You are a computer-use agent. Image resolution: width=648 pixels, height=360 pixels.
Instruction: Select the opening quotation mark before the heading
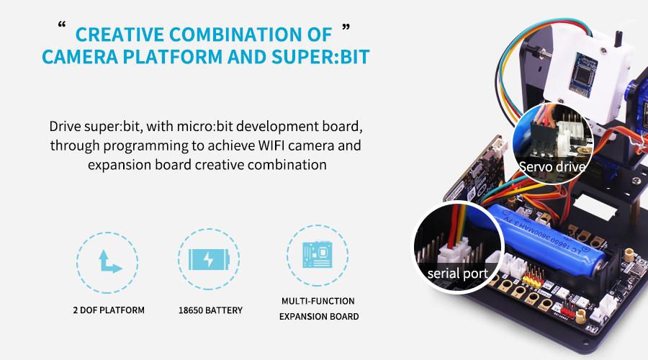pyautogui.click(x=60, y=28)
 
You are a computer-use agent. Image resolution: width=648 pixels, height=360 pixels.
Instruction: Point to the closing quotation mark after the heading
pyautogui.click(x=347, y=28)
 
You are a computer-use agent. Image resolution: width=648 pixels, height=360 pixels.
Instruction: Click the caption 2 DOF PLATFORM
pyautogui.click(x=109, y=310)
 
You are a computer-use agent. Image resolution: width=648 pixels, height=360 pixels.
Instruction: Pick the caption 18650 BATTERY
pyautogui.click(x=210, y=310)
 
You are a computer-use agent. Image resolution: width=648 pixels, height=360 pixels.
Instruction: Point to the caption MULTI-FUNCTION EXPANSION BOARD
pyautogui.click(x=318, y=308)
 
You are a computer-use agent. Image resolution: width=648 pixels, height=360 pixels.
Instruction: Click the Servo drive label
pyautogui.click(x=552, y=167)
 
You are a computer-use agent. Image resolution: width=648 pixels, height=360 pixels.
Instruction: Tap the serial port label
pyautogui.click(x=457, y=274)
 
